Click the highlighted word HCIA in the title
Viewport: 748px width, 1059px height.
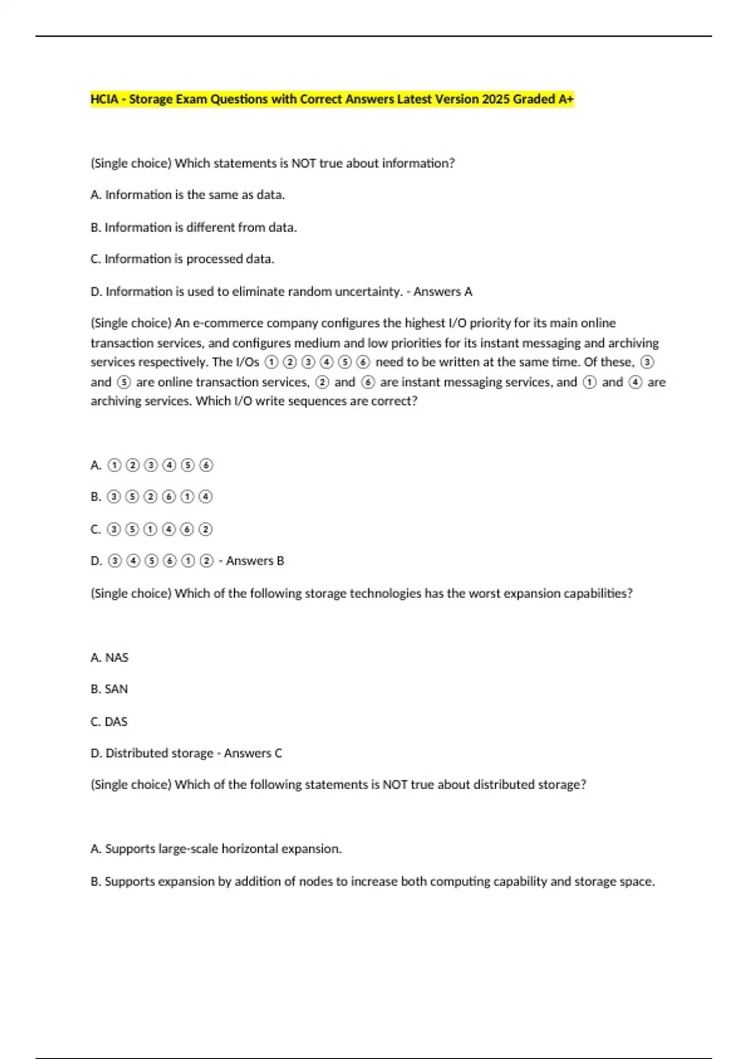[104, 99]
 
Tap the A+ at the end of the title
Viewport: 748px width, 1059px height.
[565, 99]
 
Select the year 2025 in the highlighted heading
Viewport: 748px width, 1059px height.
[496, 99]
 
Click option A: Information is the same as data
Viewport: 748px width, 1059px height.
[188, 195]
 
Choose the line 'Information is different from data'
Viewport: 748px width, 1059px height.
[194, 227]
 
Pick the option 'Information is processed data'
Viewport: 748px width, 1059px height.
[183, 259]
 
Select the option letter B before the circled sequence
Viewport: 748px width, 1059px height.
[95, 497]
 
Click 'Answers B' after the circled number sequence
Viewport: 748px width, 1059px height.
[255, 561]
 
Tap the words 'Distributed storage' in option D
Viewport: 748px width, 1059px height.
[159, 754]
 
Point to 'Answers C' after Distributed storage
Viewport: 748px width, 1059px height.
[252, 754]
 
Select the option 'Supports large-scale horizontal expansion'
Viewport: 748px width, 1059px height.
[216, 849]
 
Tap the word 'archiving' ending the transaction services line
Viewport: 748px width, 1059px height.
[633, 343]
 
